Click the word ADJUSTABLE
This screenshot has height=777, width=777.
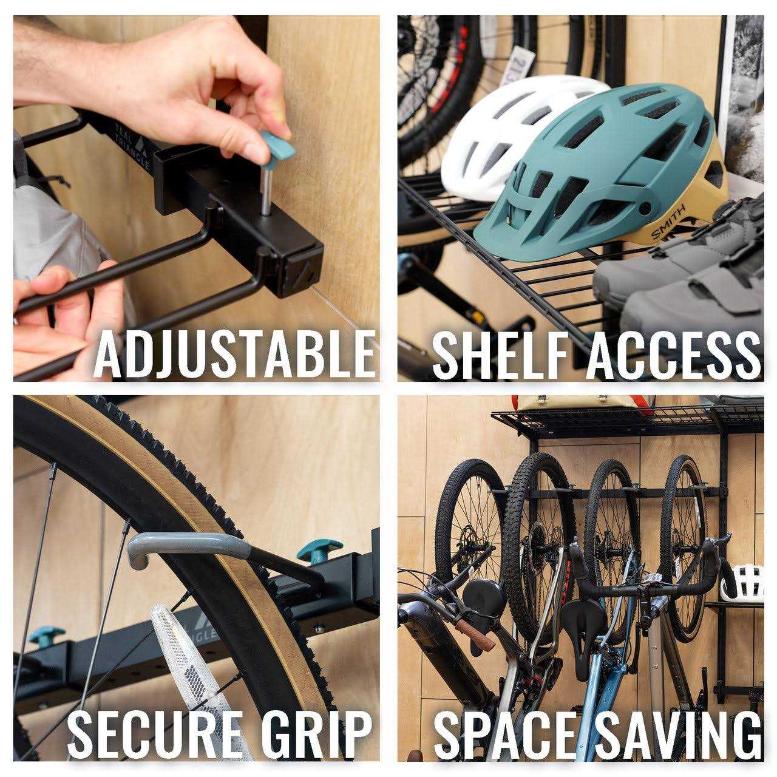point(234,353)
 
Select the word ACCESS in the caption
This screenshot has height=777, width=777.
point(673,354)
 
